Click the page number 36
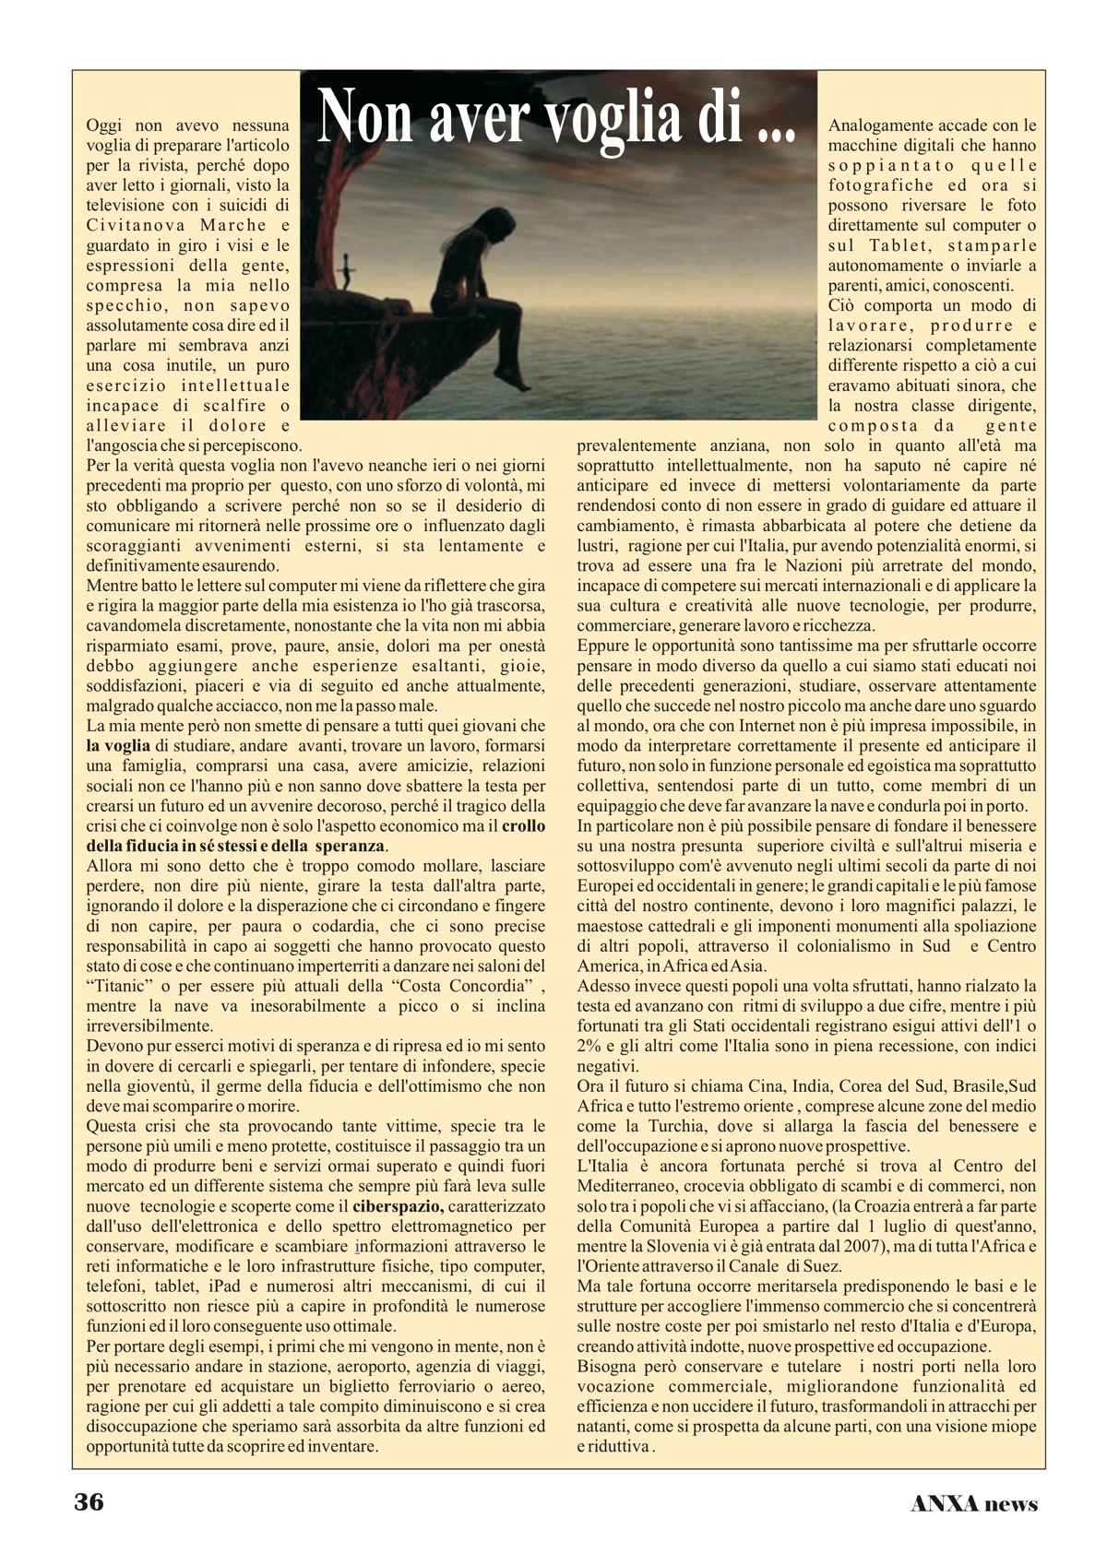click(x=89, y=1502)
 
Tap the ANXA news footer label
click(x=973, y=1504)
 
